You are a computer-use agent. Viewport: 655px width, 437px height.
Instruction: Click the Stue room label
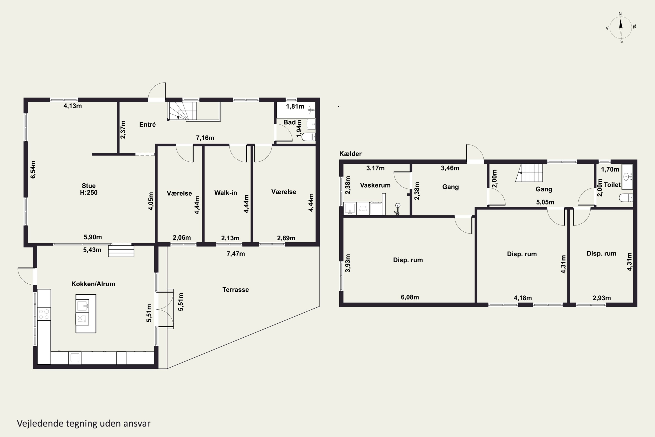89,186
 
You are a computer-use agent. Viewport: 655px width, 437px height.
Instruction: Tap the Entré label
147,125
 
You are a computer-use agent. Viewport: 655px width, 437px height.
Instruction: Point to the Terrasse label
236,290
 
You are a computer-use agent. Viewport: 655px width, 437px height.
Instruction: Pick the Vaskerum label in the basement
375,185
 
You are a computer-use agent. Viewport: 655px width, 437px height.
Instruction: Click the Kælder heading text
350,154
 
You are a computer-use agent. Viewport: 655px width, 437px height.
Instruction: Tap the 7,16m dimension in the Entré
205,138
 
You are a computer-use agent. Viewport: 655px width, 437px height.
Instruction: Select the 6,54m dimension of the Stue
33,170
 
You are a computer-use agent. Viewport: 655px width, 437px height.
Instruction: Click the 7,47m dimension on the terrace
236,254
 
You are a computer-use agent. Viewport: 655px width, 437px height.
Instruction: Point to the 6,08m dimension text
410,297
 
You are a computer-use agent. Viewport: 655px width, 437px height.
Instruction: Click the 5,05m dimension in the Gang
545,202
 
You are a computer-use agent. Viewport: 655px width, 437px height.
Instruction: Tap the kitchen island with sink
86,314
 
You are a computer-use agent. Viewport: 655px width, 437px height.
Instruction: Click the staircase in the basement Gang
529,173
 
